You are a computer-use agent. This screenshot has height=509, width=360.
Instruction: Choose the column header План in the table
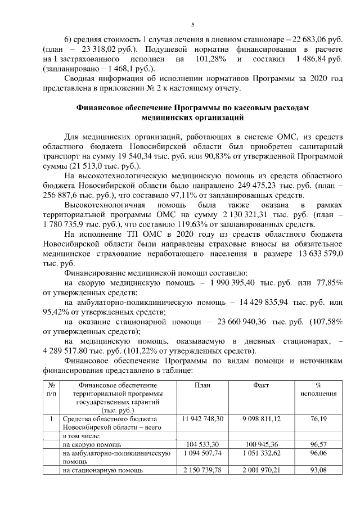point(202,386)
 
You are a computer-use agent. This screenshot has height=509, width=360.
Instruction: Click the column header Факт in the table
point(261,386)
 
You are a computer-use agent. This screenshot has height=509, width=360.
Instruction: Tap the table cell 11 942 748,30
point(202,419)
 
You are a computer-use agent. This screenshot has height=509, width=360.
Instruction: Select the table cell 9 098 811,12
point(261,419)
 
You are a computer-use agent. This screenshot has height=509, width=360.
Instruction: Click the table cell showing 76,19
point(318,419)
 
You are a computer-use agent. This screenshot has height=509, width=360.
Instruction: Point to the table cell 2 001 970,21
point(261,470)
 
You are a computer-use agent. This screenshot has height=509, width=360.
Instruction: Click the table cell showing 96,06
point(318,453)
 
